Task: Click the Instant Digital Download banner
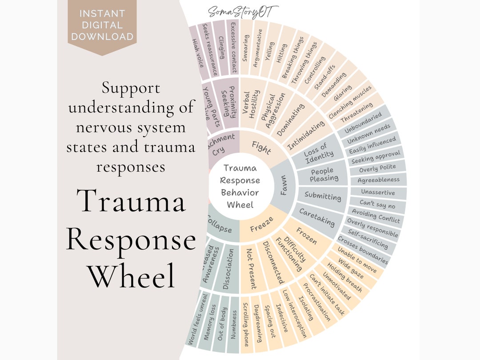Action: coord(103,25)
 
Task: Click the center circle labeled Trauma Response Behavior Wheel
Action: coord(240,186)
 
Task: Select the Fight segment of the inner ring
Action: coord(261,147)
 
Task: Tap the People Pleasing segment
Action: coord(324,175)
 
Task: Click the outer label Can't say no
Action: coord(378,205)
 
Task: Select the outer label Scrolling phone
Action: coord(246,324)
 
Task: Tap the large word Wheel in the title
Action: coord(131,275)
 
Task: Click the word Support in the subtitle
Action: coord(131,88)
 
